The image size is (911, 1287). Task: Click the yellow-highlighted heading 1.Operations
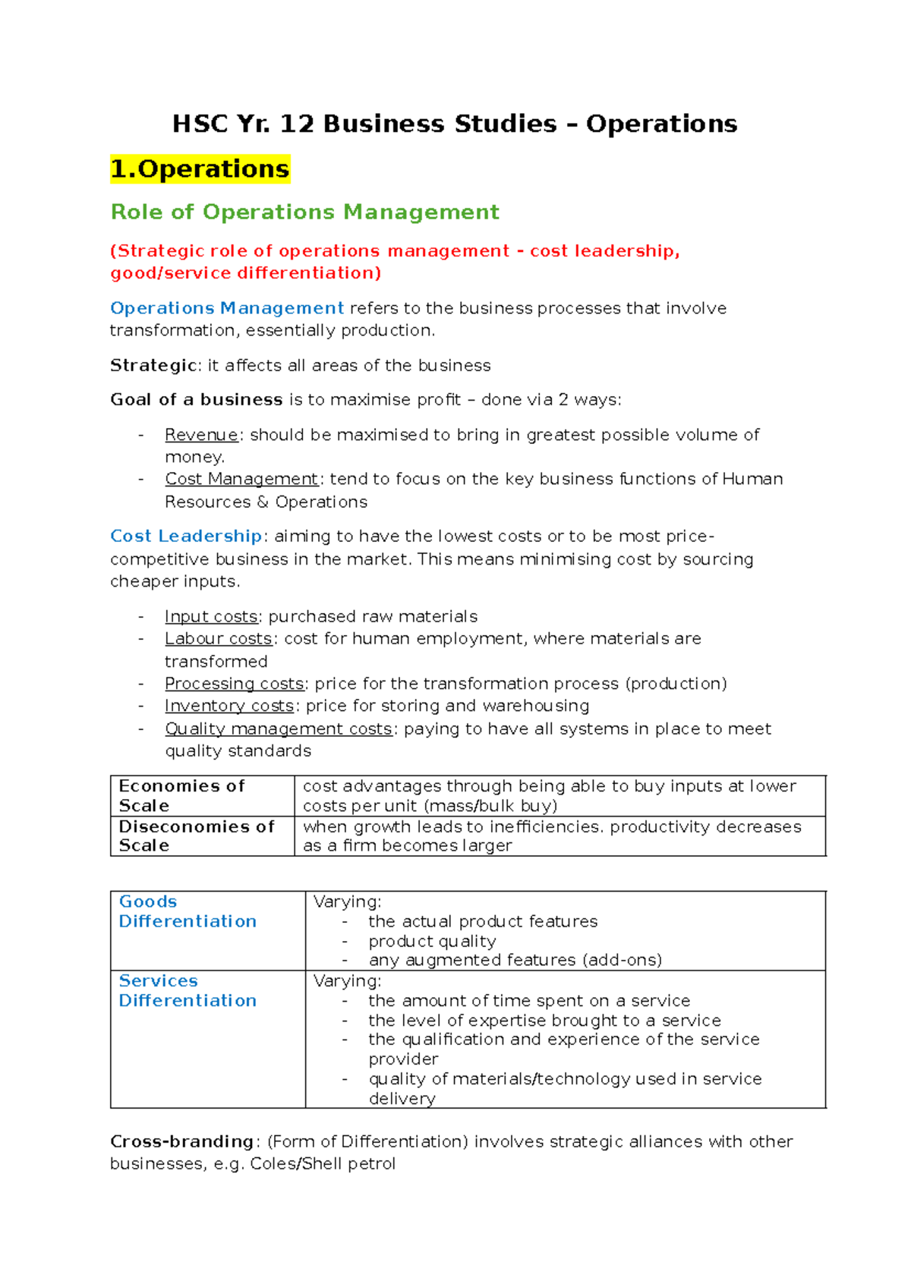[x=200, y=168]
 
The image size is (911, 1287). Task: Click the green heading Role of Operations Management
[x=304, y=212]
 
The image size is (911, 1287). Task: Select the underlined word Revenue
[x=201, y=435]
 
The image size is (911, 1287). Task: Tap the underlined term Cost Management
[x=241, y=479]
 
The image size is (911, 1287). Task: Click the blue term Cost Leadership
[x=186, y=537]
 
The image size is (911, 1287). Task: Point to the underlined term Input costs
[x=211, y=616]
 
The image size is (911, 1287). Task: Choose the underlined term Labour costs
[x=218, y=639]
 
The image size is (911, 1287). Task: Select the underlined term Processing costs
[x=235, y=684]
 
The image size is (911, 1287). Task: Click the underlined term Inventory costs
[x=229, y=706]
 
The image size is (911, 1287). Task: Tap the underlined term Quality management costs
[x=279, y=728]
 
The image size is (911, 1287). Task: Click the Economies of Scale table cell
[x=201, y=795]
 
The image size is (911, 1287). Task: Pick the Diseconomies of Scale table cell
[x=201, y=835]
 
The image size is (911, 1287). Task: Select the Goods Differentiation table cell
[x=206, y=930]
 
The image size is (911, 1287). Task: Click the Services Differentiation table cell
[x=206, y=1037]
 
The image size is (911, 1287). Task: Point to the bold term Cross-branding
[x=181, y=1141]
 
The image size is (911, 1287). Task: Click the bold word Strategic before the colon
[x=153, y=366]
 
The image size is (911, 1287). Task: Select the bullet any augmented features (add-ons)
[x=515, y=960]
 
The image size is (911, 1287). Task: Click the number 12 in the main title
[x=297, y=124]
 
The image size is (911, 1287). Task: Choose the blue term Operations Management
[x=227, y=308]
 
